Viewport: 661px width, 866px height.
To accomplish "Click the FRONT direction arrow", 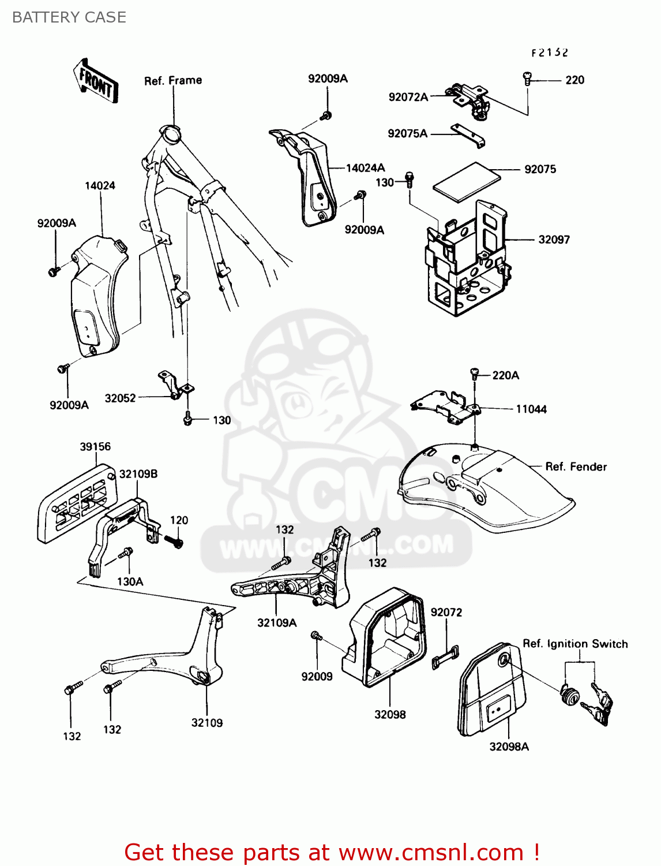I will click(x=96, y=81).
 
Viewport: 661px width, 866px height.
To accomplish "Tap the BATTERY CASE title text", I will click(x=69, y=17).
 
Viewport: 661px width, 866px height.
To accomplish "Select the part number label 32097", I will click(x=554, y=240).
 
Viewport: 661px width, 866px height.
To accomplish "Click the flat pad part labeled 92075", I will click(x=466, y=181).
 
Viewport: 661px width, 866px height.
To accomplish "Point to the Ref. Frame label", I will click(x=173, y=80).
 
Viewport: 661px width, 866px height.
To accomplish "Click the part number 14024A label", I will click(x=365, y=168).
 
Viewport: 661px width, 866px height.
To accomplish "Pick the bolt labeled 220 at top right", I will click(x=527, y=79).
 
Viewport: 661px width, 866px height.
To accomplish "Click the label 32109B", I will click(x=138, y=474).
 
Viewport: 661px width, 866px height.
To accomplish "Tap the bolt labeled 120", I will click(x=175, y=542).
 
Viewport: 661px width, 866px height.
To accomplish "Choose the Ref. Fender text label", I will click(x=576, y=466).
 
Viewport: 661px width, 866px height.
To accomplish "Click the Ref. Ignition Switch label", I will click(x=575, y=644).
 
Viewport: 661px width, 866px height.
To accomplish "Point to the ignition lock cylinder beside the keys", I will click(x=569, y=695).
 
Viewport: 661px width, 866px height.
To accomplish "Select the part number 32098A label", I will click(x=509, y=746).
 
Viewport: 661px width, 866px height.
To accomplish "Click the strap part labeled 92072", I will click(x=445, y=658).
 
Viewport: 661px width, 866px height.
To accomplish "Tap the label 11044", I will click(x=531, y=409).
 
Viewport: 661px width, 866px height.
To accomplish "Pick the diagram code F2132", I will click(x=549, y=53).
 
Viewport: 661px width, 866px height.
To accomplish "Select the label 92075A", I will click(x=407, y=133).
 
